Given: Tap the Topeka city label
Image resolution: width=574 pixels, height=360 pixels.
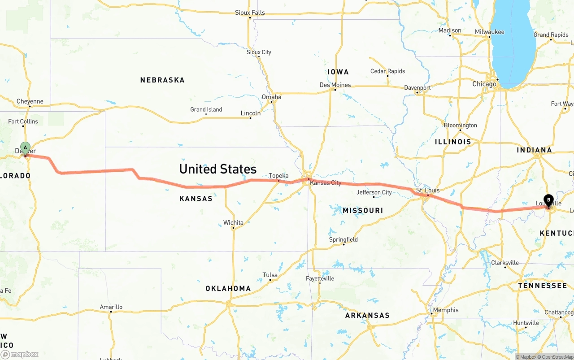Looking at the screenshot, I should point(278,176).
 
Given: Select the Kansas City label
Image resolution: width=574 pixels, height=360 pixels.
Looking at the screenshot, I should point(326,183).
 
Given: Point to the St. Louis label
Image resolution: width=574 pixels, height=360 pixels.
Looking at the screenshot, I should point(428,191).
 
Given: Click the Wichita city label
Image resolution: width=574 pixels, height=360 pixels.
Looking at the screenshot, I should point(233,223).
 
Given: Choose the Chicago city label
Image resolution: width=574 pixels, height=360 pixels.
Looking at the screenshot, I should point(484,84).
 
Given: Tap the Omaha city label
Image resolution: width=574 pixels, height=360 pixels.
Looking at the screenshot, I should point(271,97).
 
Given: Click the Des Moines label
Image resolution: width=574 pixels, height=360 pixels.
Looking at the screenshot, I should point(335,85).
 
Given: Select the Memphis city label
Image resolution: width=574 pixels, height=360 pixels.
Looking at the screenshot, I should point(446,310).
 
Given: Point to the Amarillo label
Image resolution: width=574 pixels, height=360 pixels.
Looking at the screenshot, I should point(111,307).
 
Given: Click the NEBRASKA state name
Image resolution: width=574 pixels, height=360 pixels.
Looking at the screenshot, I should point(162,80).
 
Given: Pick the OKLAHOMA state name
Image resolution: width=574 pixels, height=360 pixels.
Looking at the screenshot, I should point(228,289).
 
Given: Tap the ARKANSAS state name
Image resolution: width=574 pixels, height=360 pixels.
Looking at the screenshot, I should point(367,316).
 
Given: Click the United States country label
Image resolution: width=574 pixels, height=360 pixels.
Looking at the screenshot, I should point(218,169).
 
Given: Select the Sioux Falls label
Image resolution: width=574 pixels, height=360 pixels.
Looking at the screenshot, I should point(250,13).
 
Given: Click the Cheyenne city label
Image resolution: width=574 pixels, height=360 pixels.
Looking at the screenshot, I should point(30,101).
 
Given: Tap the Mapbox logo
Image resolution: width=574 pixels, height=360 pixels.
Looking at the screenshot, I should point(20,354).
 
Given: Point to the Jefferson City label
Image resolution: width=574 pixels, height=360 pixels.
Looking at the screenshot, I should point(374,192).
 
